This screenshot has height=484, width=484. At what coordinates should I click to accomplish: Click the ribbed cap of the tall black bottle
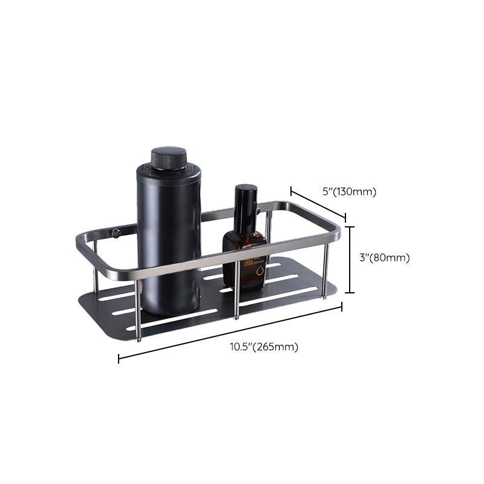169,158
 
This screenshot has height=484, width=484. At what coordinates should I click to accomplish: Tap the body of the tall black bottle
168,236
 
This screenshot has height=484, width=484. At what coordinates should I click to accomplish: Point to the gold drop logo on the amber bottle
260,269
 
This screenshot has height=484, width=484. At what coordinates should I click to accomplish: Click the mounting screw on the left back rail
116,233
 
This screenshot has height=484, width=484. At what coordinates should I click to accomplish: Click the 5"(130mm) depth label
348,192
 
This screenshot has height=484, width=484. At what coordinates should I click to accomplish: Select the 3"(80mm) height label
384,258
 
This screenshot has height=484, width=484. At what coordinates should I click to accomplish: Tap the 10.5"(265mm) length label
264,347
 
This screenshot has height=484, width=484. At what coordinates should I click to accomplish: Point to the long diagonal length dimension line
230,333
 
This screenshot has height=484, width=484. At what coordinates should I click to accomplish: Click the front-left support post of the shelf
138,309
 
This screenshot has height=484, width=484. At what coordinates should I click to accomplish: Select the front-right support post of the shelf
325,269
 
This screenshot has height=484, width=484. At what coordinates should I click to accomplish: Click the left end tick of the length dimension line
119,359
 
